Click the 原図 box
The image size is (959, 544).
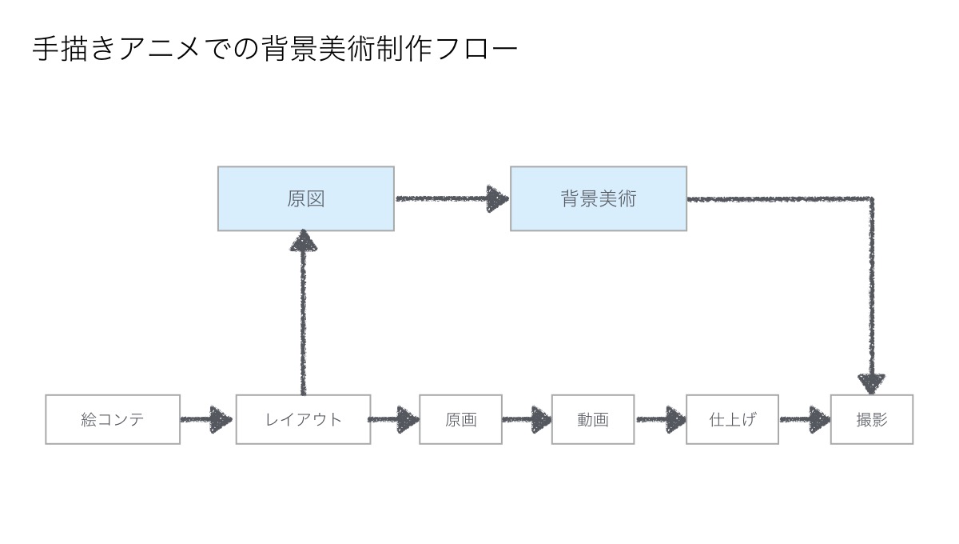pos(305,198)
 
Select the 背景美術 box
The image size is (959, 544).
pos(599,198)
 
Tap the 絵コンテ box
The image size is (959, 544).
pos(113,419)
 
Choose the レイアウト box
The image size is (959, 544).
pos(303,419)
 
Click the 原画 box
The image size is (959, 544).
pos(460,419)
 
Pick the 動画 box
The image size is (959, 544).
pos(593,419)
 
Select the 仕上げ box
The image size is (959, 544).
pos(732,419)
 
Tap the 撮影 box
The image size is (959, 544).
pos(872,419)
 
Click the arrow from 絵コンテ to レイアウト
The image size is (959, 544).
pos(206,419)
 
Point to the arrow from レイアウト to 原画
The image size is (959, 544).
pos(394,419)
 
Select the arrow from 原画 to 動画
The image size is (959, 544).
pos(527,419)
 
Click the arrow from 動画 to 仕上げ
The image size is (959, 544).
pos(661,419)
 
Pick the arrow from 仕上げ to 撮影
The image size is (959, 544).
pos(805,419)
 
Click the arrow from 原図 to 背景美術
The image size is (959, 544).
pos(452,198)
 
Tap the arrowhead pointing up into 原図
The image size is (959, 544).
pos(304,241)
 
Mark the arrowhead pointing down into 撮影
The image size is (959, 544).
pos(872,384)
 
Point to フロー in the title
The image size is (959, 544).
pos(477,49)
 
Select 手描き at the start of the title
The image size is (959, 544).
pos(74,49)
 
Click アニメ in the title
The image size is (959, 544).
pos(160,49)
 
